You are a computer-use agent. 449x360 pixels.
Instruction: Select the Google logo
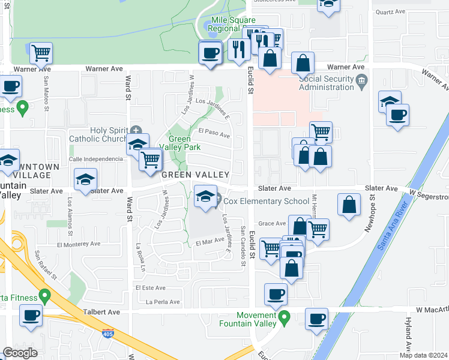click(20, 353)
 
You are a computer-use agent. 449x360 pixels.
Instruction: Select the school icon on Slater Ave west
click(85, 180)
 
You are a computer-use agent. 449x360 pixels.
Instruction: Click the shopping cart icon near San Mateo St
click(41, 53)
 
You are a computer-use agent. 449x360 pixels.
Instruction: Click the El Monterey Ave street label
click(79, 244)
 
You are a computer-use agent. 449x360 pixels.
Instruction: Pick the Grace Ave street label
click(272, 223)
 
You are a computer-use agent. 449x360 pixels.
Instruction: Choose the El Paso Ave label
click(214, 134)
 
